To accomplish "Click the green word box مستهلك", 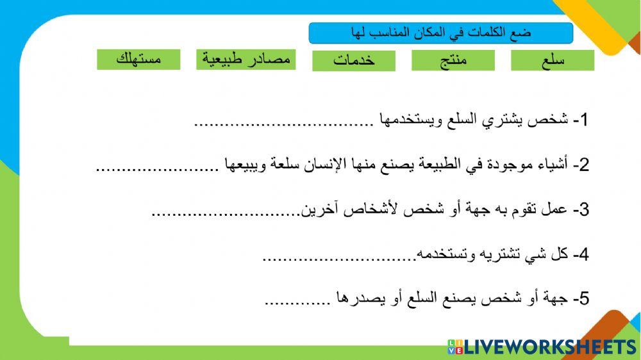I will coord(139,60).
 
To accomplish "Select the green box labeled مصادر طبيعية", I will coord(246,60).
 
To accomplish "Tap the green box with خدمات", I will coord(354,61).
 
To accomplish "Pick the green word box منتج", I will coord(453,61).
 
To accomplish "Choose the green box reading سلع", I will coord(553,61).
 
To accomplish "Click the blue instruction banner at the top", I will coord(440,33).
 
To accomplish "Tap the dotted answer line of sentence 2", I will coord(154,168).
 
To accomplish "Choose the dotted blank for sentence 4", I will coord(340,258).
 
